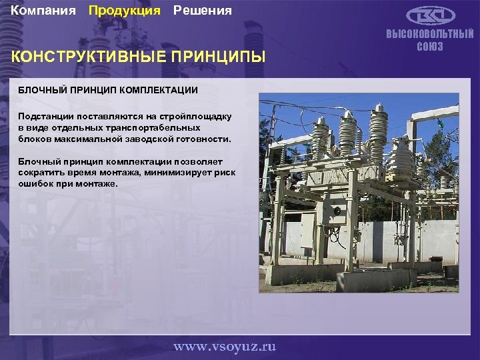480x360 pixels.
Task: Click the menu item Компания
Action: coord(44,11)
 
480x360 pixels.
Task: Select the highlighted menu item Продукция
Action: coord(125,11)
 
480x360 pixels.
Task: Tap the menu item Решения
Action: coord(203,11)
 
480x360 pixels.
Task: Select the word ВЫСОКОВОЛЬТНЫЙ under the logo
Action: coord(430,35)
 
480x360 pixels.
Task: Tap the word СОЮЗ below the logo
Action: coord(430,47)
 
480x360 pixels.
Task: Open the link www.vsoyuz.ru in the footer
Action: coord(224,346)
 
